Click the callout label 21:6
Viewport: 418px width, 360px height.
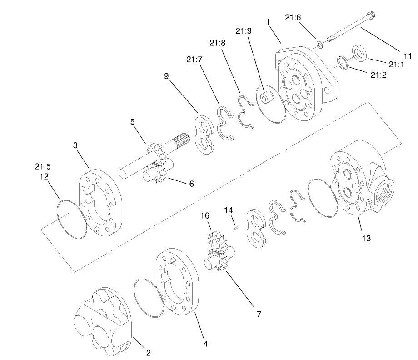click(293, 17)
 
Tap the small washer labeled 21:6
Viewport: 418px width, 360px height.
click(320, 44)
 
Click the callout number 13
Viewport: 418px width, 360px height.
click(366, 238)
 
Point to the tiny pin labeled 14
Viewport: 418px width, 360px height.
click(235, 228)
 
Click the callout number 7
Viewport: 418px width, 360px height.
click(259, 314)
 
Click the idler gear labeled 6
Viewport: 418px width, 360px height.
click(157, 173)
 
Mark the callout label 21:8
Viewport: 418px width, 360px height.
click(218, 43)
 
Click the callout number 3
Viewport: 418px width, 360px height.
click(75, 145)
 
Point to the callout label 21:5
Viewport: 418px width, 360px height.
click(44, 166)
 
